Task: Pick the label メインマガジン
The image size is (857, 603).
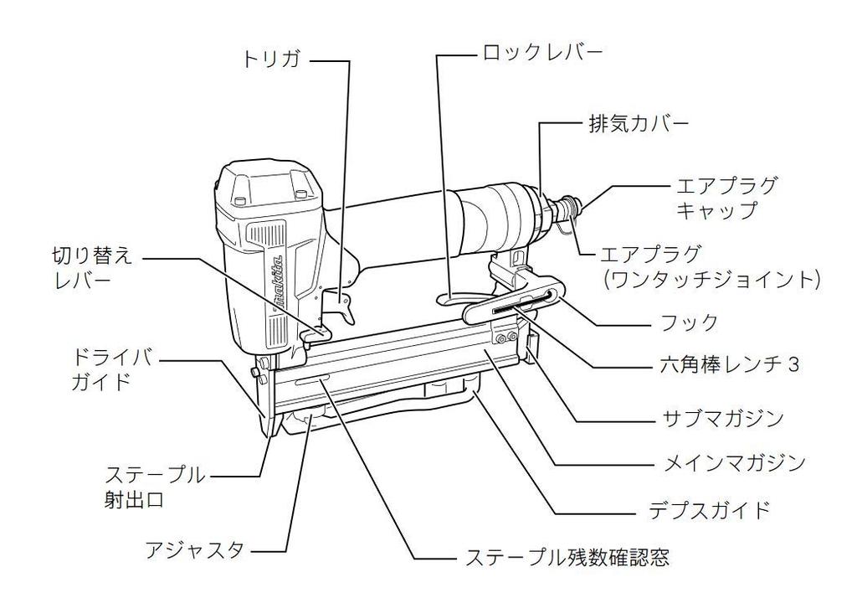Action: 734,462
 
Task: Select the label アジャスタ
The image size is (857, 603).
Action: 194,550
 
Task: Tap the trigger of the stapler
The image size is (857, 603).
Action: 346,312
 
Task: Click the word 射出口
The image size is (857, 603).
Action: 134,501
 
